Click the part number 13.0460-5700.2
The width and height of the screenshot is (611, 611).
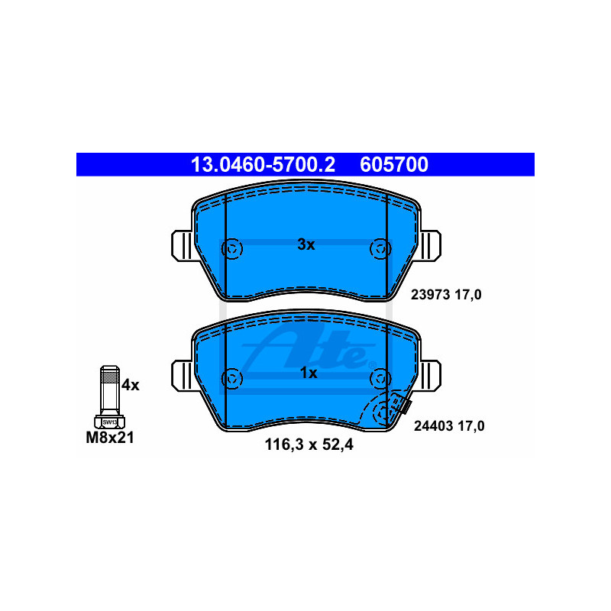click(263, 164)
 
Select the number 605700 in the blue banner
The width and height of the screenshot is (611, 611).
click(394, 164)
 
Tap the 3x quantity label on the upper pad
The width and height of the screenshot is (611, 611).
click(306, 244)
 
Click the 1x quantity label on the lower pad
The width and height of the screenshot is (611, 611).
click(309, 373)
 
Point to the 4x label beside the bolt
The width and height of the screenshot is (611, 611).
click(130, 385)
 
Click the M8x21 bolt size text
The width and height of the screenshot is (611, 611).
click(110, 437)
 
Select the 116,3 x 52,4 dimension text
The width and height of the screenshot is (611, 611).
click(309, 445)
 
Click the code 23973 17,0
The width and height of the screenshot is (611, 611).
click(446, 295)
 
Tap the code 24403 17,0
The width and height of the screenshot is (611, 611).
click(449, 426)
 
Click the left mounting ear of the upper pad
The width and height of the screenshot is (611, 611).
click(183, 245)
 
